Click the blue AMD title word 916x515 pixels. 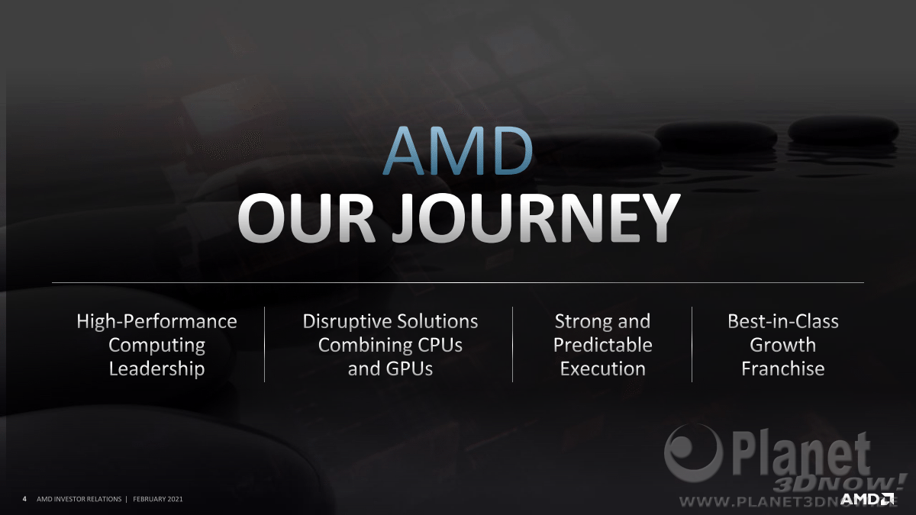pos(457,151)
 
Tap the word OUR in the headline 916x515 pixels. pos(306,219)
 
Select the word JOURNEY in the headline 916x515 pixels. pos(536,219)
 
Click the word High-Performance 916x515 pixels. pos(156,321)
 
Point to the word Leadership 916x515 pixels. pos(156,369)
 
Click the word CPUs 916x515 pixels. pos(440,345)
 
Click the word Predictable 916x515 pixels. pos(603,345)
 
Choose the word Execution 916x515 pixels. pos(603,369)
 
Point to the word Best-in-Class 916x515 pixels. pos(783,321)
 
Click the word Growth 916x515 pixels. pos(783,345)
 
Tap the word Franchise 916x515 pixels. pos(783,369)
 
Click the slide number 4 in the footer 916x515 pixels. pos(24,499)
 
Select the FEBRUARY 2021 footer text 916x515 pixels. pos(158,499)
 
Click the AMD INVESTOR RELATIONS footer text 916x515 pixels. pos(79,499)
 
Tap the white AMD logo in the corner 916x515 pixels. pos(867,499)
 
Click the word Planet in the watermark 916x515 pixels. pos(801,455)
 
